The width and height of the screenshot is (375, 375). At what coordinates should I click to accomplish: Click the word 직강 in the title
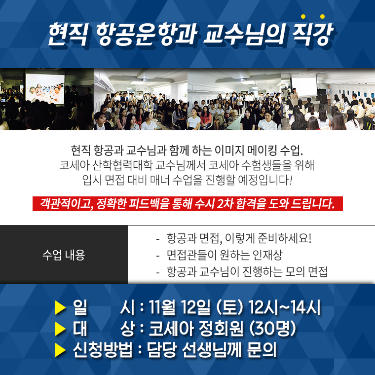click(x=312, y=34)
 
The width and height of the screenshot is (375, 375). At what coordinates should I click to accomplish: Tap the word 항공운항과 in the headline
click(x=147, y=34)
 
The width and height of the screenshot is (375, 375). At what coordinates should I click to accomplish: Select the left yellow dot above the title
click(x=303, y=16)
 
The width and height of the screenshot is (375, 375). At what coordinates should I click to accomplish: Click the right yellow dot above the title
click(x=322, y=16)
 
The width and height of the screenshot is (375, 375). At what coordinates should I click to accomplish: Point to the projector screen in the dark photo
click(x=45, y=88)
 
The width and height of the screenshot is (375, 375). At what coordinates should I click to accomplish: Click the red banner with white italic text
click(x=187, y=204)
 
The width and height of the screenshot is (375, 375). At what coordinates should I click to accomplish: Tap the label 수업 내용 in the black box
click(x=64, y=255)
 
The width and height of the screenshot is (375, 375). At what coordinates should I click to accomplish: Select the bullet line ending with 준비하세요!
click(x=234, y=238)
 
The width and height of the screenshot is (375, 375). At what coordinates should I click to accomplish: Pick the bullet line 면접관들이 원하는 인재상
click(x=219, y=255)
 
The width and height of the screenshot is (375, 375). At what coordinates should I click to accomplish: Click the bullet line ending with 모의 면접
click(x=242, y=272)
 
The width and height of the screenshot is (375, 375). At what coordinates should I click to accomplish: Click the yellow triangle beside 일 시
click(x=60, y=307)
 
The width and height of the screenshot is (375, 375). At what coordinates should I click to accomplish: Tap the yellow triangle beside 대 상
click(x=60, y=329)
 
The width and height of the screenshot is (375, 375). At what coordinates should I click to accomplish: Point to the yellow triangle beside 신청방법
click(x=60, y=350)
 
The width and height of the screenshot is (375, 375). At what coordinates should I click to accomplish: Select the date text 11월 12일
click(x=180, y=307)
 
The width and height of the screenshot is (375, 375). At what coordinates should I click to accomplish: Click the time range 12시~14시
click(x=284, y=307)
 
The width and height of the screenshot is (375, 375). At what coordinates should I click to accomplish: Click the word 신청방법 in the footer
click(x=103, y=350)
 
